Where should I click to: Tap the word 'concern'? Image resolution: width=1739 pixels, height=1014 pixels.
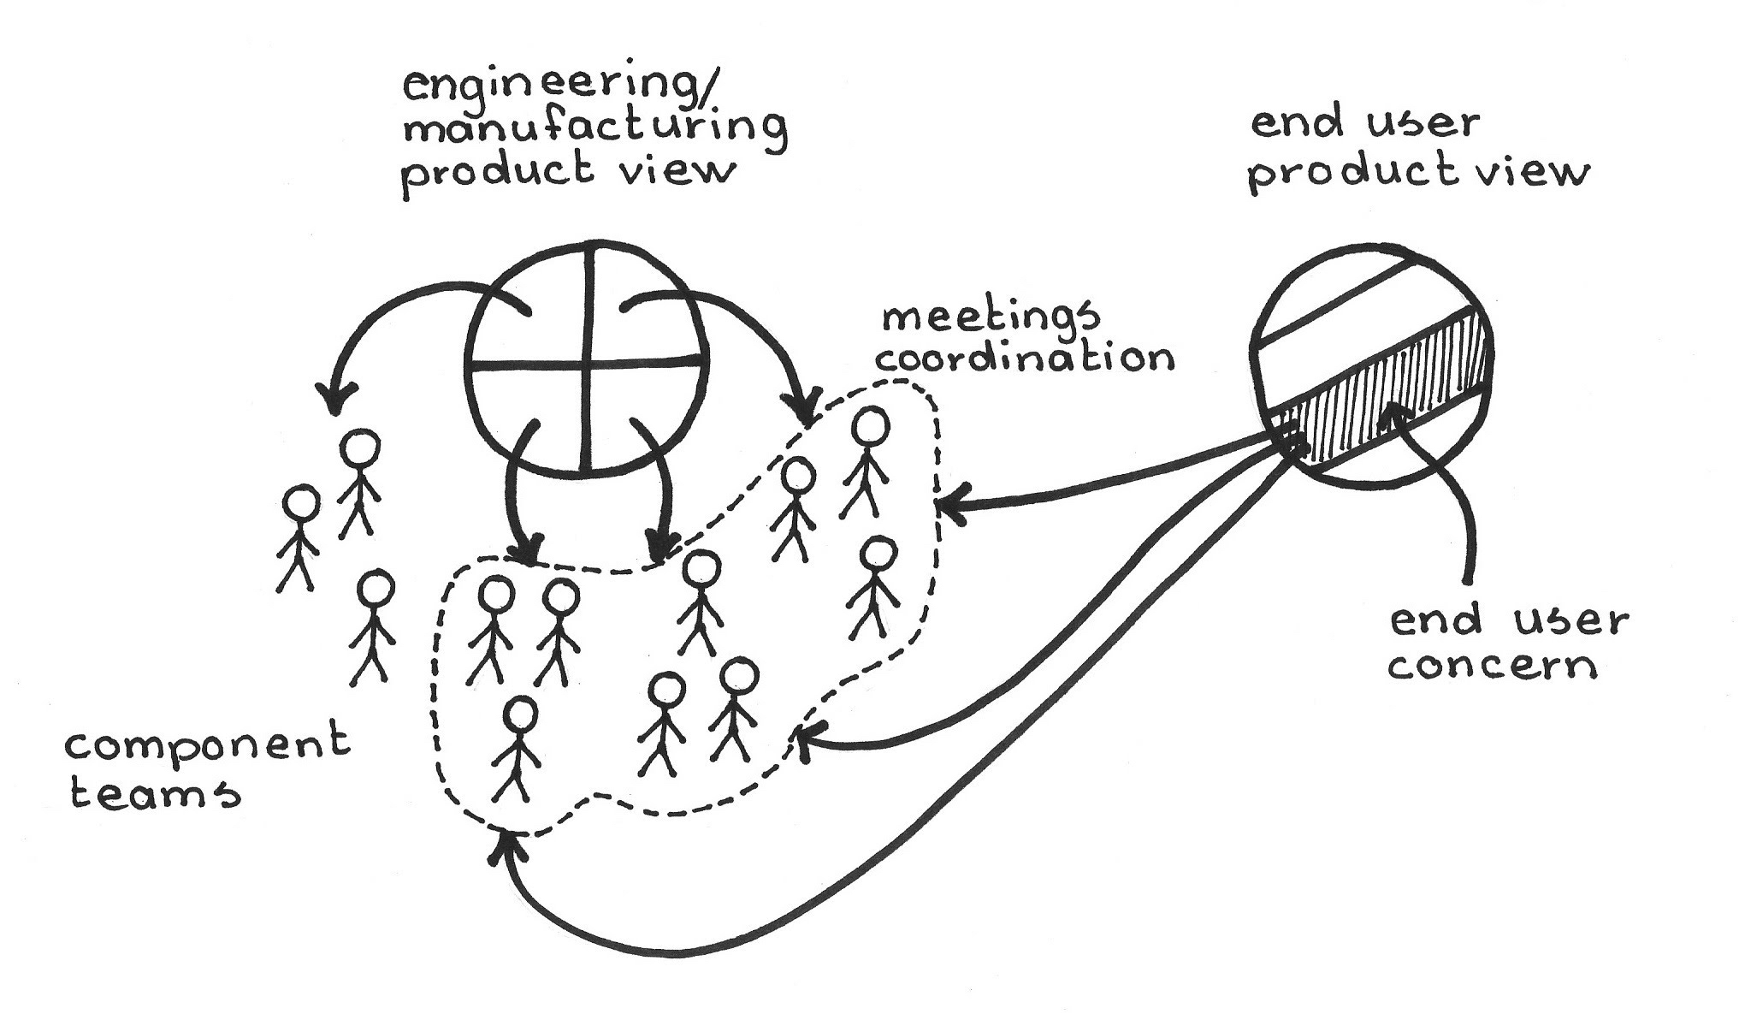point(1492,667)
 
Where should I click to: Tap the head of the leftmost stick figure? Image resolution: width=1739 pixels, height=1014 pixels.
point(301,503)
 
